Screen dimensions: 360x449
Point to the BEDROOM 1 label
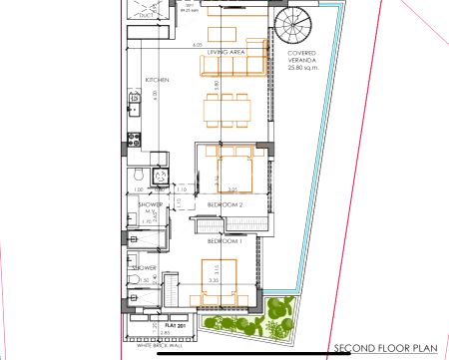(x=225, y=242)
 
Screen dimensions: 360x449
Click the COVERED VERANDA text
(x=303, y=60)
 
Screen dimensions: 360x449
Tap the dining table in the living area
(x=224, y=107)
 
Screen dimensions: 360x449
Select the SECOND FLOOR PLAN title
(x=385, y=348)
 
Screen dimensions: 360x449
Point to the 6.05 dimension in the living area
(x=197, y=45)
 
